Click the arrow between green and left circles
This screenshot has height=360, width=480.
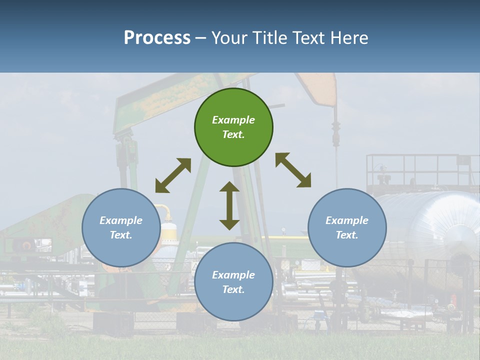(173, 175)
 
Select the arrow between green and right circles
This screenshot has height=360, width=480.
(293, 170)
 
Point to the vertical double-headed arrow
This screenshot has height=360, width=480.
(229, 205)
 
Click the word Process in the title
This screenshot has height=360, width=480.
(157, 37)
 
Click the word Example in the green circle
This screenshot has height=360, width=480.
(233, 120)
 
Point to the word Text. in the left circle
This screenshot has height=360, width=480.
(121, 235)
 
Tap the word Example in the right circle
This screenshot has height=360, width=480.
(347, 220)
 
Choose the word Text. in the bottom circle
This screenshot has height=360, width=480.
(233, 289)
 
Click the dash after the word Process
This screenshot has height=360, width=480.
(201, 38)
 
